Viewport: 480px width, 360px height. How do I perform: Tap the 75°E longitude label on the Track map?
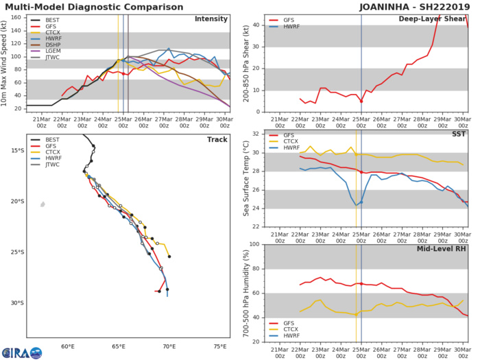click(x=221, y=347)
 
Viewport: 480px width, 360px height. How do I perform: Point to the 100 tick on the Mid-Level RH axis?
click(x=252, y=244)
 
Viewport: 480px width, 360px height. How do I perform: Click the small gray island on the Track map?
click(x=43, y=204)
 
